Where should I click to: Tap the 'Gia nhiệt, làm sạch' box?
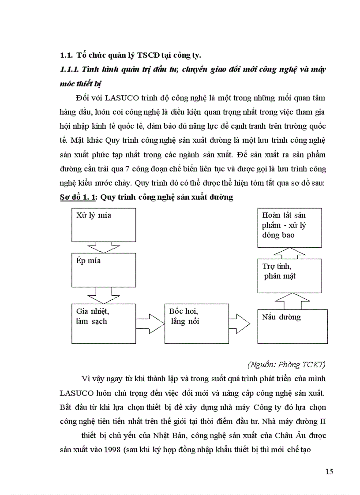click(x=104, y=323)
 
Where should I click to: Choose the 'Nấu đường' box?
click(x=292, y=326)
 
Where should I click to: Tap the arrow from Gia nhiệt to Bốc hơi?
click(x=150, y=324)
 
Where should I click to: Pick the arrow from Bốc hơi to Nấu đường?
click(x=241, y=324)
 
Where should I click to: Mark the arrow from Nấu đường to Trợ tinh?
click(x=292, y=301)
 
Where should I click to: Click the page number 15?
click(x=329, y=472)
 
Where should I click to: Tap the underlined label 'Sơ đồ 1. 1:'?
click(x=79, y=197)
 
